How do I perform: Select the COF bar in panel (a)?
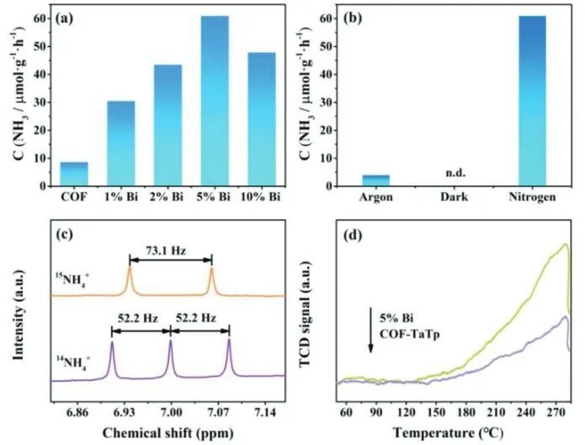coord(74,174)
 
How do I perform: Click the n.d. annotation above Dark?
coord(455,174)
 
